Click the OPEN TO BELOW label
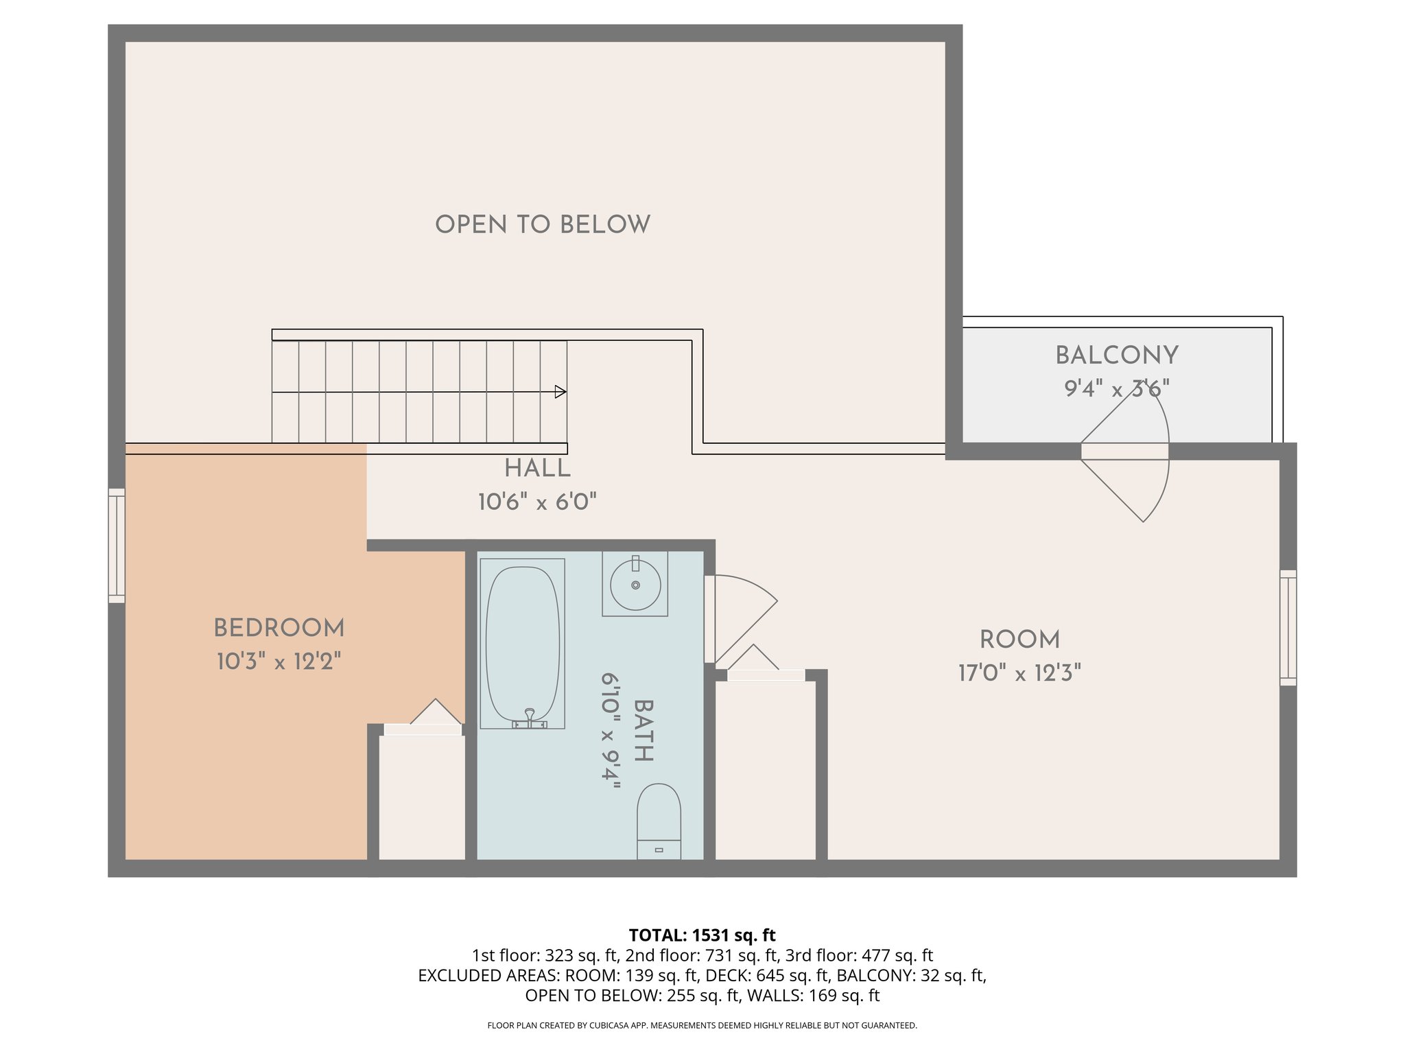pos(543,224)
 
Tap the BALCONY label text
pos(1116,355)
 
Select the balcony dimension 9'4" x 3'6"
pos(1116,389)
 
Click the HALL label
pos(537,469)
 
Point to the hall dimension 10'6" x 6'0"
pos(537,502)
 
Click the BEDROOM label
pos(279,628)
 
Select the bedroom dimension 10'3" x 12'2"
pos(279,661)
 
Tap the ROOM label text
pos(1019,640)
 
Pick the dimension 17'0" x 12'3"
pos(1019,673)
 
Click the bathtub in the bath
pos(522,643)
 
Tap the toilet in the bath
pos(659,821)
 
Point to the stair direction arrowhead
pos(560,392)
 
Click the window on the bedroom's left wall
pos(117,546)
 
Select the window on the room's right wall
pos(1288,627)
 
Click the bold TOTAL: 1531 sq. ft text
pos(702,935)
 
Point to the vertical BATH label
pos(644,730)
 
